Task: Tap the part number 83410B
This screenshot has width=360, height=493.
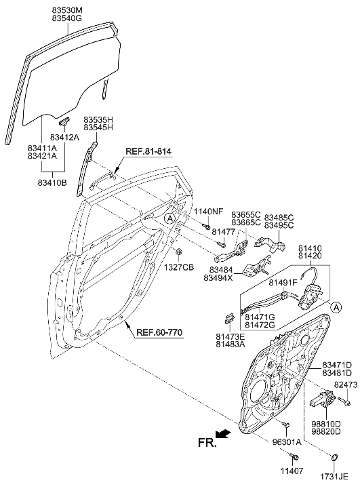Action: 53,182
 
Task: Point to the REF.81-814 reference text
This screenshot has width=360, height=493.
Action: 147,152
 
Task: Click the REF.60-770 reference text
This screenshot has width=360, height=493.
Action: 159,333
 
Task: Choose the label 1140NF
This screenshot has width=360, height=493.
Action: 209,212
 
